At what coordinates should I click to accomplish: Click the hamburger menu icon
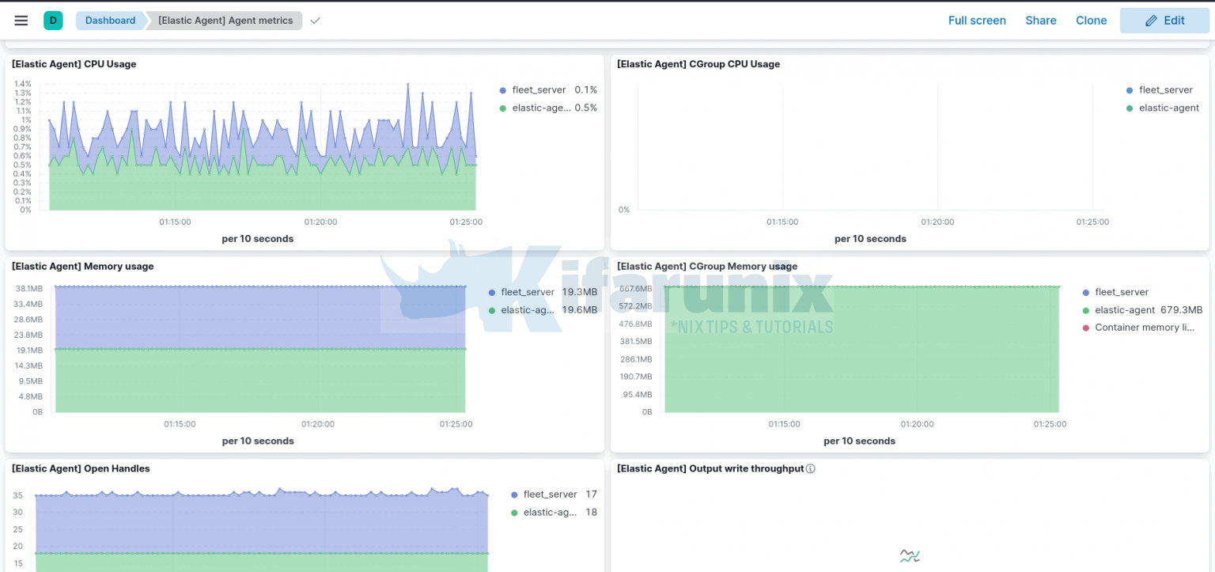click(21, 21)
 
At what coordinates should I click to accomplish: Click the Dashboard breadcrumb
click(110, 21)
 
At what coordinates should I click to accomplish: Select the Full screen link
click(977, 21)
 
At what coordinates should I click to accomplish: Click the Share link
click(1040, 21)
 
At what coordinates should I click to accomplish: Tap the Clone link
click(1091, 21)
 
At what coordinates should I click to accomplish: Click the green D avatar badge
click(53, 21)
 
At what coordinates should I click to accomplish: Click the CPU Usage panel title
click(74, 64)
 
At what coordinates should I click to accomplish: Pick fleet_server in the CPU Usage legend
click(539, 90)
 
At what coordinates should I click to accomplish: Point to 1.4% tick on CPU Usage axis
click(22, 84)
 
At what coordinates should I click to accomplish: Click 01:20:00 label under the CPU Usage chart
click(320, 222)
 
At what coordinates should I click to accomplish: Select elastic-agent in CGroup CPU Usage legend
click(1168, 108)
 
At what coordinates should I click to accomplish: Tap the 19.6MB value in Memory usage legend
click(579, 310)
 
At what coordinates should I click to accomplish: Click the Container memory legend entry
click(1144, 328)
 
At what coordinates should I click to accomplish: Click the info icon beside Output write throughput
click(810, 468)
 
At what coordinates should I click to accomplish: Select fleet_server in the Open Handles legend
click(550, 494)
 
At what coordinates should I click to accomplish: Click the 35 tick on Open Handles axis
click(17, 496)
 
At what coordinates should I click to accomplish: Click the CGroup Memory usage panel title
click(707, 267)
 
